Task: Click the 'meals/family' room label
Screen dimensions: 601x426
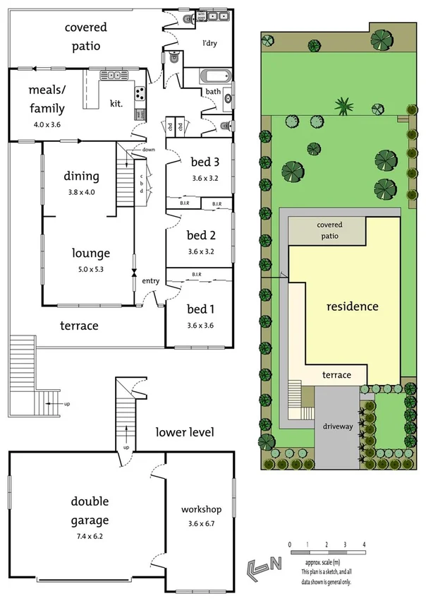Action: pyautogui.click(x=47, y=100)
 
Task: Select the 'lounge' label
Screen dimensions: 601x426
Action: pyautogui.click(x=91, y=253)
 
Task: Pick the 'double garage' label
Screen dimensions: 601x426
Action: pyautogui.click(x=90, y=511)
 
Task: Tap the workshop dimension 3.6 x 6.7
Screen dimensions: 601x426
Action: pyautogui.click(x=201, y=523)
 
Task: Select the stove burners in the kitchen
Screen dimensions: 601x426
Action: pyautogui.click(x=139, y=92)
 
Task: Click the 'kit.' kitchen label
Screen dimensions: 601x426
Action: pyautogui.click(x=116, y=103)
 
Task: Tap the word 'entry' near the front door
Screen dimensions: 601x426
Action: pyautogui.click(x=150, y=281)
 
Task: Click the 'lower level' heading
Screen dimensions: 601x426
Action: pyautogui.click(x=185, y=432)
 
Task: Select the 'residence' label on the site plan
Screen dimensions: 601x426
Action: pyautogui.click(x=352, y=307)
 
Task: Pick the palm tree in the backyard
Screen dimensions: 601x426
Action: pyautogui.click(x=344, y=107)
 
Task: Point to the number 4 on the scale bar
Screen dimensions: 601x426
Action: pyautogui.click(x=364, y=545)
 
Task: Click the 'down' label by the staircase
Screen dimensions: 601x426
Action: pyautogui.click(x=148, y=150)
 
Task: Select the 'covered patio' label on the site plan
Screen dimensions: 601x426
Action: pyautogui.click(x=329, y=230)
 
